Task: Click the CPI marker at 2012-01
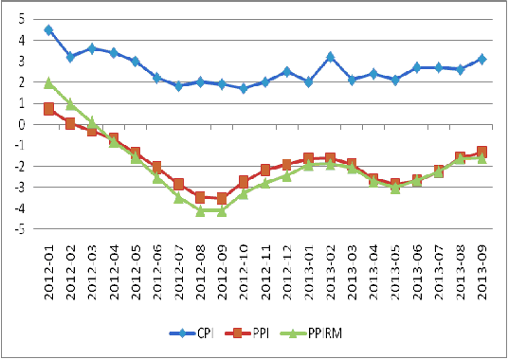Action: (x=48, y=30)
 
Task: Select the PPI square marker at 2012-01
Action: (x=48, y=109)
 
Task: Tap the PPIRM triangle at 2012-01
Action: (x=48, y=83)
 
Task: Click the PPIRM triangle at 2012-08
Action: (x=200, y=210)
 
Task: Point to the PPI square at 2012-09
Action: (x=222, y=198)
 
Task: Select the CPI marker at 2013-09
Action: (x=482, y=59)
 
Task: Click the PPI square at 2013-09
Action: (x=482, y=152)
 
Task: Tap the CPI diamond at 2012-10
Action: (x=244, y=88)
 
